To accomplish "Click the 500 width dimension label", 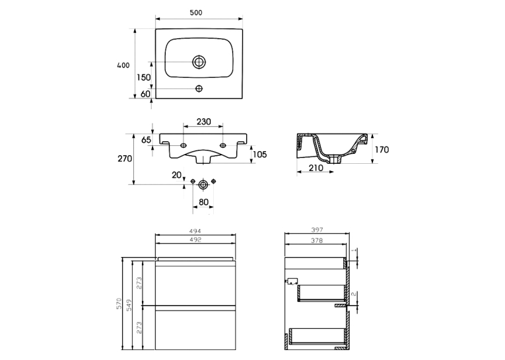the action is point(196,13).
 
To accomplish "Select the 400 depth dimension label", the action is point(123,65).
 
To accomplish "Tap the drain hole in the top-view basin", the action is point(199,62).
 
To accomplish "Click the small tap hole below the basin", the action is point(199,89).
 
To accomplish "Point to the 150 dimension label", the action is point(144,77).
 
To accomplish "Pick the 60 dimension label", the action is point(146,94).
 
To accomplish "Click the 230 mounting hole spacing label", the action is point(203,122).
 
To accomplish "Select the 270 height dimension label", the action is point(125,159).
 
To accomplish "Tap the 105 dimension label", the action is point(259,155).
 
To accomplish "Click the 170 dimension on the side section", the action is point(382,149).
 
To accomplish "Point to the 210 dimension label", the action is point(316,168).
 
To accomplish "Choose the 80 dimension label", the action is point(203,202).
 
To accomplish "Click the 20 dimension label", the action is point(176,175).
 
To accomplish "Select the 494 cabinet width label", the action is point(195,231).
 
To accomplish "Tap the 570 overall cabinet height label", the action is point(119,304).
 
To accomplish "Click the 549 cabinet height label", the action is point(129,305).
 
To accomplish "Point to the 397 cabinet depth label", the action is point(317,230).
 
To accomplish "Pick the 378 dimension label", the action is point(317,240).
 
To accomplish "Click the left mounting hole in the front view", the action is point(184,146).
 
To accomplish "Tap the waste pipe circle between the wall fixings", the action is point(203,184).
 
